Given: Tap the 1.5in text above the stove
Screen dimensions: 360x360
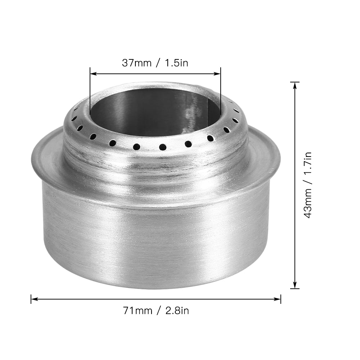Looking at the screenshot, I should (x=176, y=63).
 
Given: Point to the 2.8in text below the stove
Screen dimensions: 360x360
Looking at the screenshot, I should (x=177, y=310).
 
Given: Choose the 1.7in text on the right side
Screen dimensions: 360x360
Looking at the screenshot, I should (x=308, y=163).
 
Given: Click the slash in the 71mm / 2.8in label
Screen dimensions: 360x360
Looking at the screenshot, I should (x=158, y=310).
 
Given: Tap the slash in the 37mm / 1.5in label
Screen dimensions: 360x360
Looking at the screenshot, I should (x=157, y=63).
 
